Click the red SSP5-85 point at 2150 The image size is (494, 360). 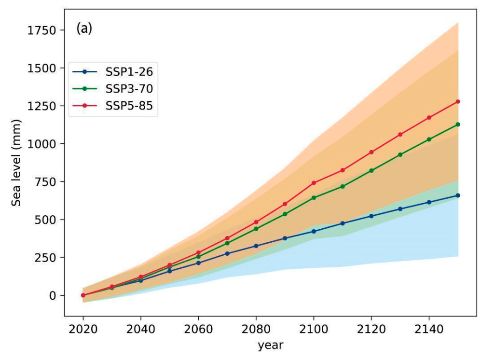point(458,101)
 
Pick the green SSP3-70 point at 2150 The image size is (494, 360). point(458,124)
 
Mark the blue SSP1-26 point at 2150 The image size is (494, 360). point(458,195)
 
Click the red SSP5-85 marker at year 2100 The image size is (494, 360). point(314,183)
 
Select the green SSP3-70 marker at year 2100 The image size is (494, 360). point(314,198)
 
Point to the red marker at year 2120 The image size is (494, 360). point(371,152)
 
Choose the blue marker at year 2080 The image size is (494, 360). point(256,246)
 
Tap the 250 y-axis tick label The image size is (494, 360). point(47,257)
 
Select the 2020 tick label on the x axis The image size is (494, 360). point(83,330)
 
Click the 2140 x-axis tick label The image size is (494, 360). point(429,330)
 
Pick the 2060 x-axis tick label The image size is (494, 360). point(198,330)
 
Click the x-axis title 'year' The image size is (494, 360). point(270,346)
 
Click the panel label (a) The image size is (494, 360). point(84,29)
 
